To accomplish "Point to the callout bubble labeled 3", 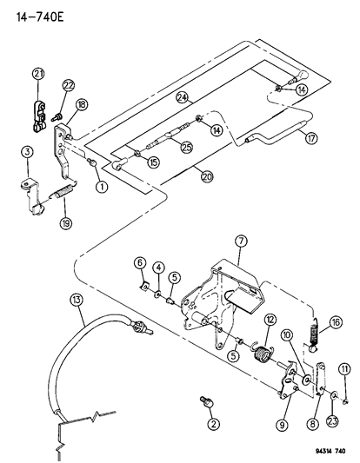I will [27, 154].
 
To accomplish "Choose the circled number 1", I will [103, 185].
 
